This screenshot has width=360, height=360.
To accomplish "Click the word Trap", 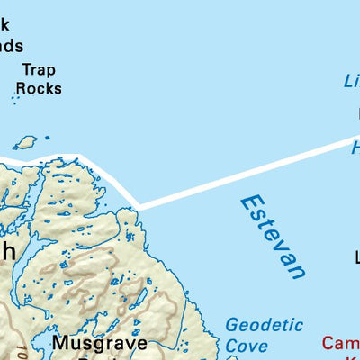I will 39,69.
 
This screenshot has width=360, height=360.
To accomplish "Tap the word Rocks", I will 39,88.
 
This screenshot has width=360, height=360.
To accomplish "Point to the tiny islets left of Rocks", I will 15,95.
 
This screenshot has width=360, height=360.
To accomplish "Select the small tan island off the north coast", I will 25,142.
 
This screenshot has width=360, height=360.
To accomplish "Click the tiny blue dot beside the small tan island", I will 47,138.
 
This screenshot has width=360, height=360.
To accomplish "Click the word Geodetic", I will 264,325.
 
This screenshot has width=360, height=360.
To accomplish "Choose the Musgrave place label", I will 98,343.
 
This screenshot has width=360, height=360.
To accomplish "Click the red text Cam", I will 341,343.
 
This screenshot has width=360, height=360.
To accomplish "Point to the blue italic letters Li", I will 351,81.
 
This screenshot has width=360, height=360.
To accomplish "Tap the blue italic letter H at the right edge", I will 355,147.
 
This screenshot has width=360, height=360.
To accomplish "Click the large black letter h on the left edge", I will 7,252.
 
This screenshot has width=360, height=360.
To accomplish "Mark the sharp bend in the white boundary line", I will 138,207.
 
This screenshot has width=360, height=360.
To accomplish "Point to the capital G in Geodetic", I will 231,325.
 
